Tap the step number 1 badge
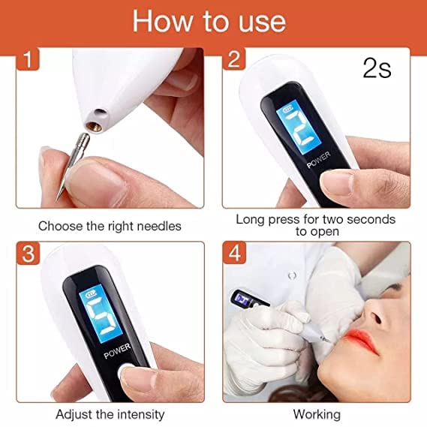(27, 59)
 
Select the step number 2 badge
(234, 59)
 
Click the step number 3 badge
(28, 253)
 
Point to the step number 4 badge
(234, 253)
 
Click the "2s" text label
(377, 69)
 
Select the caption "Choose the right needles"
(110, 225)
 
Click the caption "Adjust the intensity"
(110, 413)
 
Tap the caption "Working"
(316, 413)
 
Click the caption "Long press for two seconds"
(315, 219)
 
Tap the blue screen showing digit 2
(296, 128)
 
